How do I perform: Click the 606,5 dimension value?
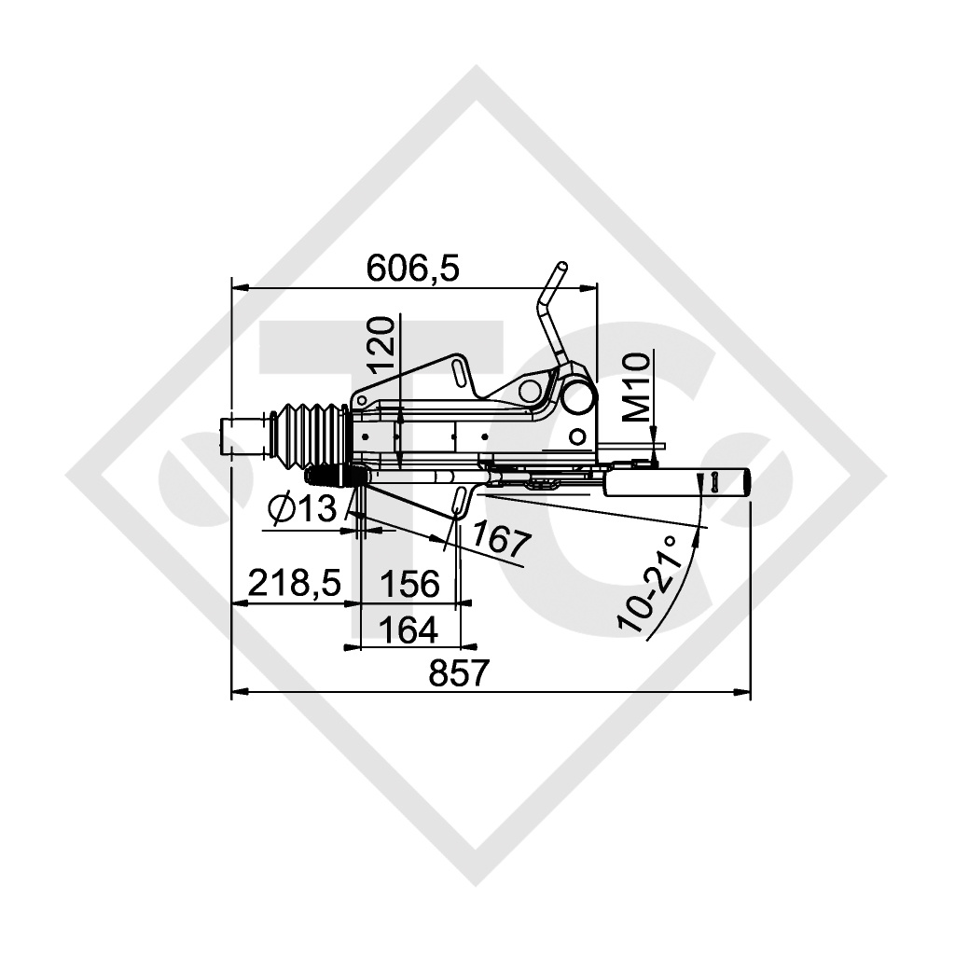(412, 270)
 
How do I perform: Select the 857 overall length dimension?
(459, 673)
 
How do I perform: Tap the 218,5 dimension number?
(295, 583)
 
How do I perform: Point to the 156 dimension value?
(409, 584)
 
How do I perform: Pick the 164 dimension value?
(408, 630)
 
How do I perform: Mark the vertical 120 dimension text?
(383, 345)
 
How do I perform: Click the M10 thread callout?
(638, 387)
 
